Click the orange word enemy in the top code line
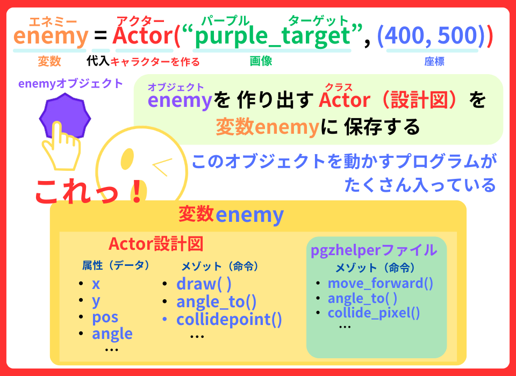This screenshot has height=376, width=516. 51,36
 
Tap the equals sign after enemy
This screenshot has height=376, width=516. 101,35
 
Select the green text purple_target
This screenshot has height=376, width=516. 273,36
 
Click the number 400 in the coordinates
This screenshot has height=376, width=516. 404,35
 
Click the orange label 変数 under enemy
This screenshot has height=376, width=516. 49,61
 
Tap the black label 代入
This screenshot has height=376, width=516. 98,61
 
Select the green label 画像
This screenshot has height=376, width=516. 261,61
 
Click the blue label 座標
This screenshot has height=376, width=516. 434,61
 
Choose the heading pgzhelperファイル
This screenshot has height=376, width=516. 374,250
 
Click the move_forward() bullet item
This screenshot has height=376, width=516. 381,283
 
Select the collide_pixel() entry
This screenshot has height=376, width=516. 374,313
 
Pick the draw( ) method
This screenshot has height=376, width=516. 204,284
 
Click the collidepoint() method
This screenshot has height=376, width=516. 229,320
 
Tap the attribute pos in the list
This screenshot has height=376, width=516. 105,317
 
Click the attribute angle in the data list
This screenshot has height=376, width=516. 112,334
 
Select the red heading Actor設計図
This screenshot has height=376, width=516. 156,244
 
